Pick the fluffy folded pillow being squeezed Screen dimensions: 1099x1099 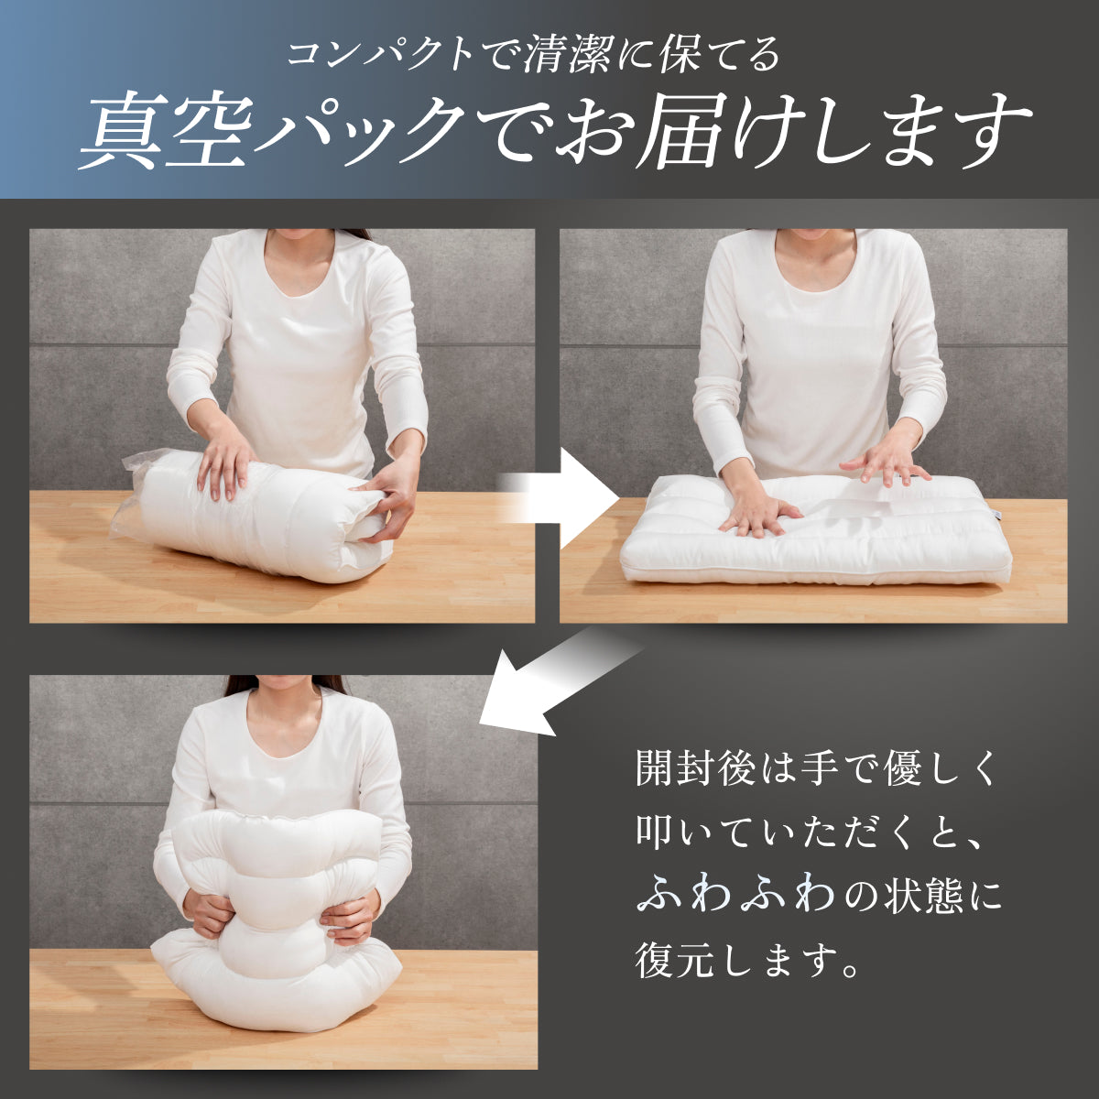266,907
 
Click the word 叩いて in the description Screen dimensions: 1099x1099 697,832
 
